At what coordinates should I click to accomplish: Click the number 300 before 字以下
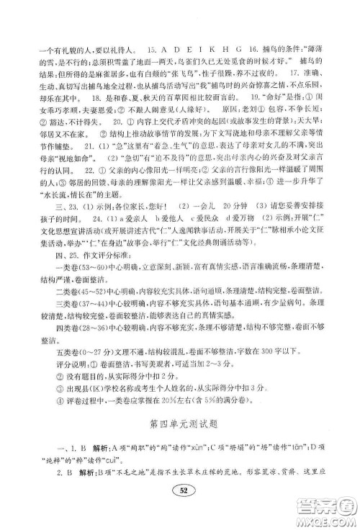(253, 374)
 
